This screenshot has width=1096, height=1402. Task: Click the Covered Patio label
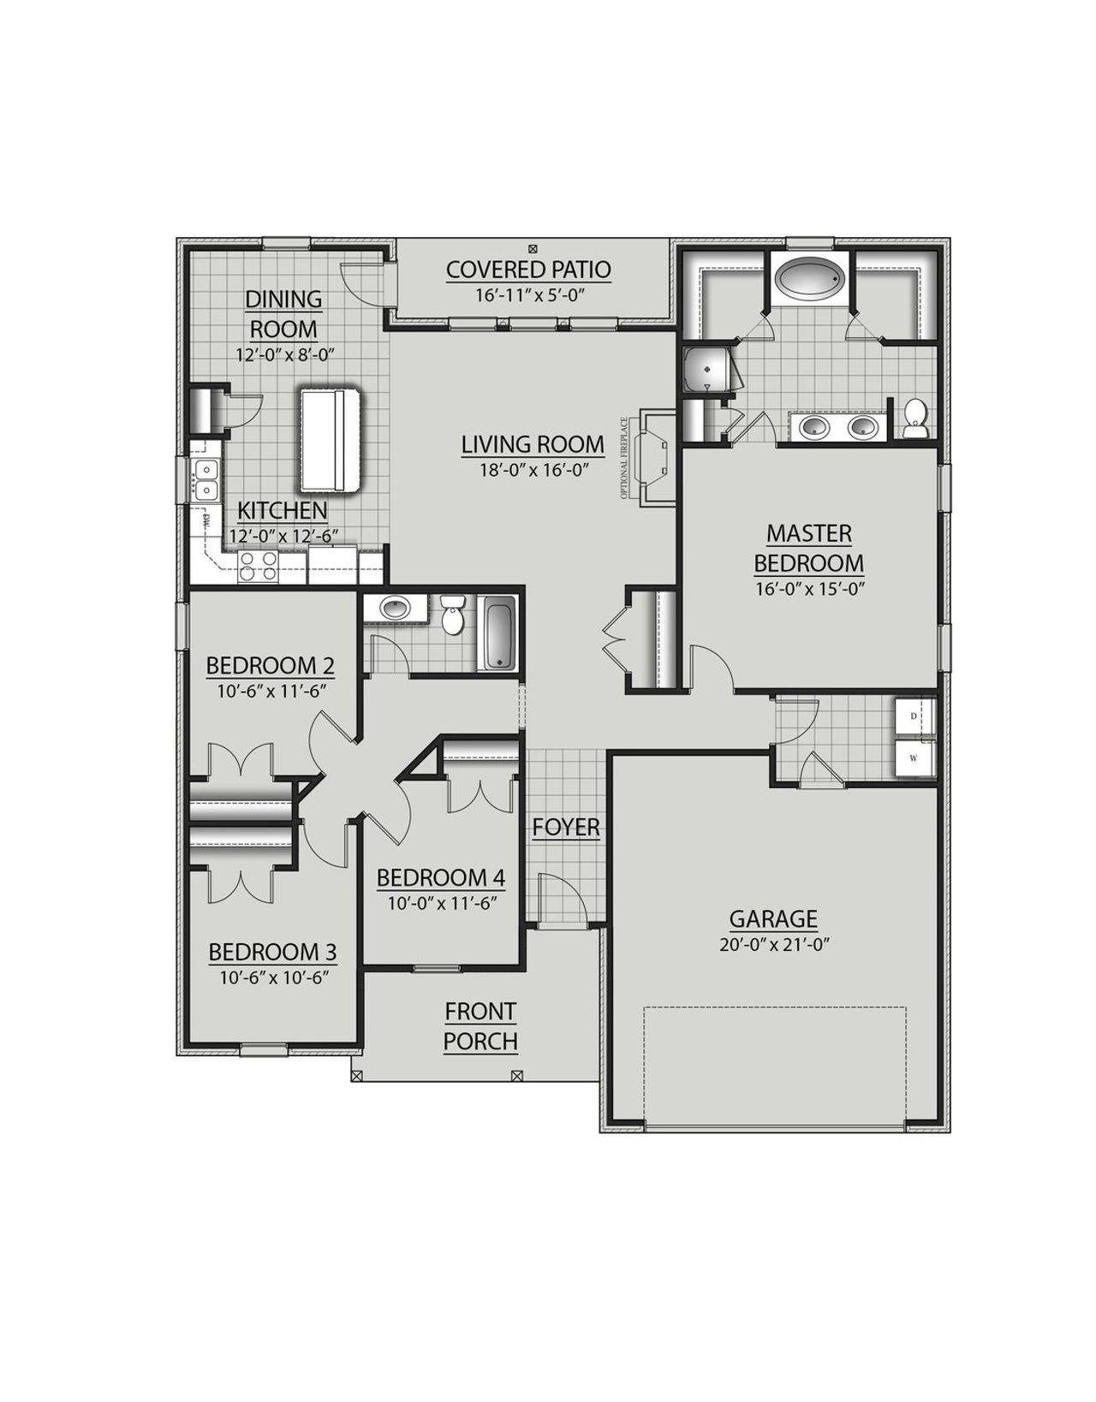coord(528,270)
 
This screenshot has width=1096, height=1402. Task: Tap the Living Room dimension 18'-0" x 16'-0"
coord(533,469)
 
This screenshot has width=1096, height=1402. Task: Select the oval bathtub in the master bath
coord(809,279)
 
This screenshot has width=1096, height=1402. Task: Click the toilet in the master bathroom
coord(915,419)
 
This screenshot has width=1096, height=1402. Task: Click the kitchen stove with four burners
coord(258,566)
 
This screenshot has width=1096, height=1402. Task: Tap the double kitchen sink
coord(205,479)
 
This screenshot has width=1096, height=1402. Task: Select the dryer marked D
coord(914,716)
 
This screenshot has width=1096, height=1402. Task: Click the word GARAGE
coord(773,919)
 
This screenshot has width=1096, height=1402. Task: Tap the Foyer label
coord(566,828)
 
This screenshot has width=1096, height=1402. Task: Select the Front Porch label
coord(480,1026)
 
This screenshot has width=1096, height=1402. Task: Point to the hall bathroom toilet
coord(452,615)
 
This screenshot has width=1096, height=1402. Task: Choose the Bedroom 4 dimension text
coord(441,902)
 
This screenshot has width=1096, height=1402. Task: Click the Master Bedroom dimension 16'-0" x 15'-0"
coord(808,589)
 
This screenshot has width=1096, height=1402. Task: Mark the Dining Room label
coord(283,313)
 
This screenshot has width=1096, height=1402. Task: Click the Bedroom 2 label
coord(271,665)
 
